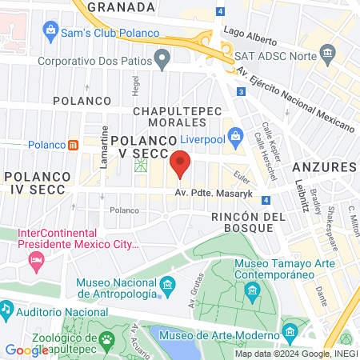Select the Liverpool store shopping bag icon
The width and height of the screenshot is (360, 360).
(x=235, y=138)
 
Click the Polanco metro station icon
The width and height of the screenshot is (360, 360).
(x=73, y=145)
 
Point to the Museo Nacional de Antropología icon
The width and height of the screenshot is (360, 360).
(x=167, y=284)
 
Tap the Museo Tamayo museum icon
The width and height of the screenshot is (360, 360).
(x=253, y=289)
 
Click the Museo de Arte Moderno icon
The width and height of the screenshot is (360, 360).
(x=290, y=330)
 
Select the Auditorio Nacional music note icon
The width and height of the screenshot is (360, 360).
(x=6, y=308)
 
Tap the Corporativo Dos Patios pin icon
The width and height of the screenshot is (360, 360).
(x=163, y=58)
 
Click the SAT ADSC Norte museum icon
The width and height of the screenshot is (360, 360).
(x=327, y=54)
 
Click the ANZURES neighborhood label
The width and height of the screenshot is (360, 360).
(x=323, y=167)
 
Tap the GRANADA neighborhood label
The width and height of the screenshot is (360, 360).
(x=120, y=6)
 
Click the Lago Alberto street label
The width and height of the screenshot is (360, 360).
(x=250, y=37)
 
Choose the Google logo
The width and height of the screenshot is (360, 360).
(x=26, y=350)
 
